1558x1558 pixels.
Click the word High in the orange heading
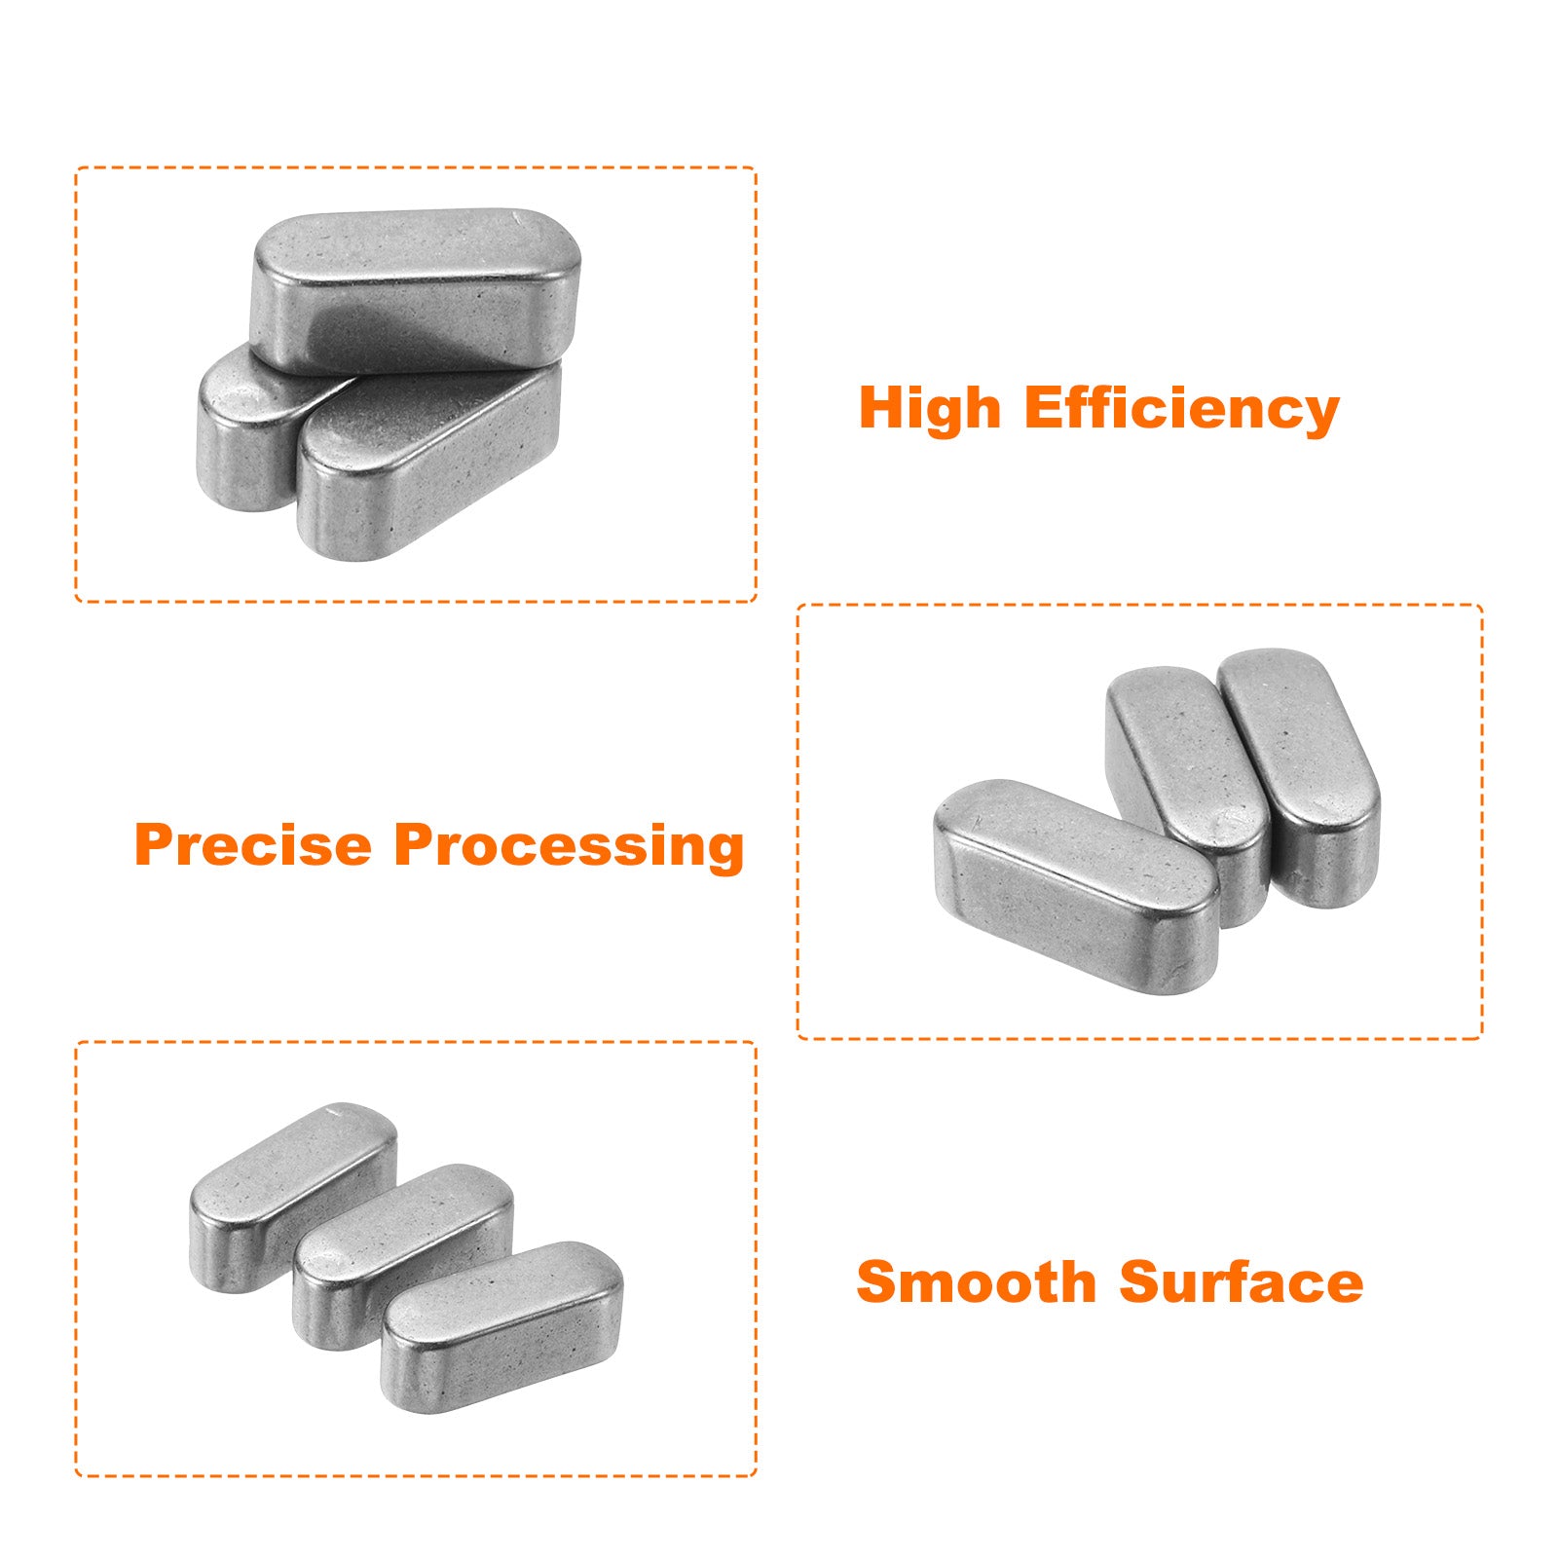click(930, 409)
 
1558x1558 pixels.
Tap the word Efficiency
click(1182, 409)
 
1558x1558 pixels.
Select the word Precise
click(253, 844)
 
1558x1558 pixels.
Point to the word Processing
click(569, 847)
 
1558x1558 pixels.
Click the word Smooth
click(977, 1281)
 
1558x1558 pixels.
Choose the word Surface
click(1242, 1281)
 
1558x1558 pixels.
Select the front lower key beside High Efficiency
click(428, 463)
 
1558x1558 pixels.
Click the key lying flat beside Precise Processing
click(1076, 886)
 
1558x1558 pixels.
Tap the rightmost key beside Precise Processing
click(1300, 776)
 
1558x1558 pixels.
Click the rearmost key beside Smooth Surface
click(293, 1197)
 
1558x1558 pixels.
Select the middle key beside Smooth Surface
click(402, 1256)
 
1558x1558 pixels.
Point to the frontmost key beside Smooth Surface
click(501, 1326)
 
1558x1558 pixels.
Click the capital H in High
click(883, 408)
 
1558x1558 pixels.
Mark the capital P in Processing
click(416, 844)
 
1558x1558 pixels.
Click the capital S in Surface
click(1141, 1281)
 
